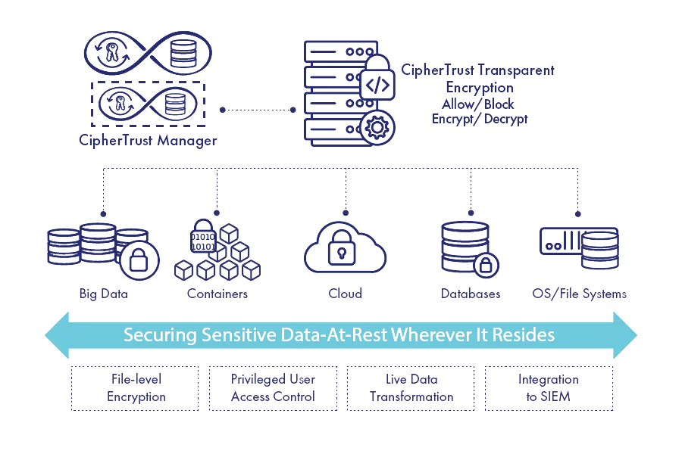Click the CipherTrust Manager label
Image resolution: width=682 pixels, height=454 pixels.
(148, 140)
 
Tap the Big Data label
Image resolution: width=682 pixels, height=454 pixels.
(103, 294)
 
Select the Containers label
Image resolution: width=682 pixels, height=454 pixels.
(217, 294)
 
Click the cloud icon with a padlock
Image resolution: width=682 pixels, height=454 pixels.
(345, 246)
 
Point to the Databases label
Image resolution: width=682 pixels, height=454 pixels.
(470, 294)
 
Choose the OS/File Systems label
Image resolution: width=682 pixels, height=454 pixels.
(580, 294)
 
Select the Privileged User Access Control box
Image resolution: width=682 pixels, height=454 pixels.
(272, 387)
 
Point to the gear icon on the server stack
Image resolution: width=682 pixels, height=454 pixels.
(374, 126)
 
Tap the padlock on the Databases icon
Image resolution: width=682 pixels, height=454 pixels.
(485, 264)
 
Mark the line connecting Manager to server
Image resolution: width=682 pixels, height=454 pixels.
(258, 110)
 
